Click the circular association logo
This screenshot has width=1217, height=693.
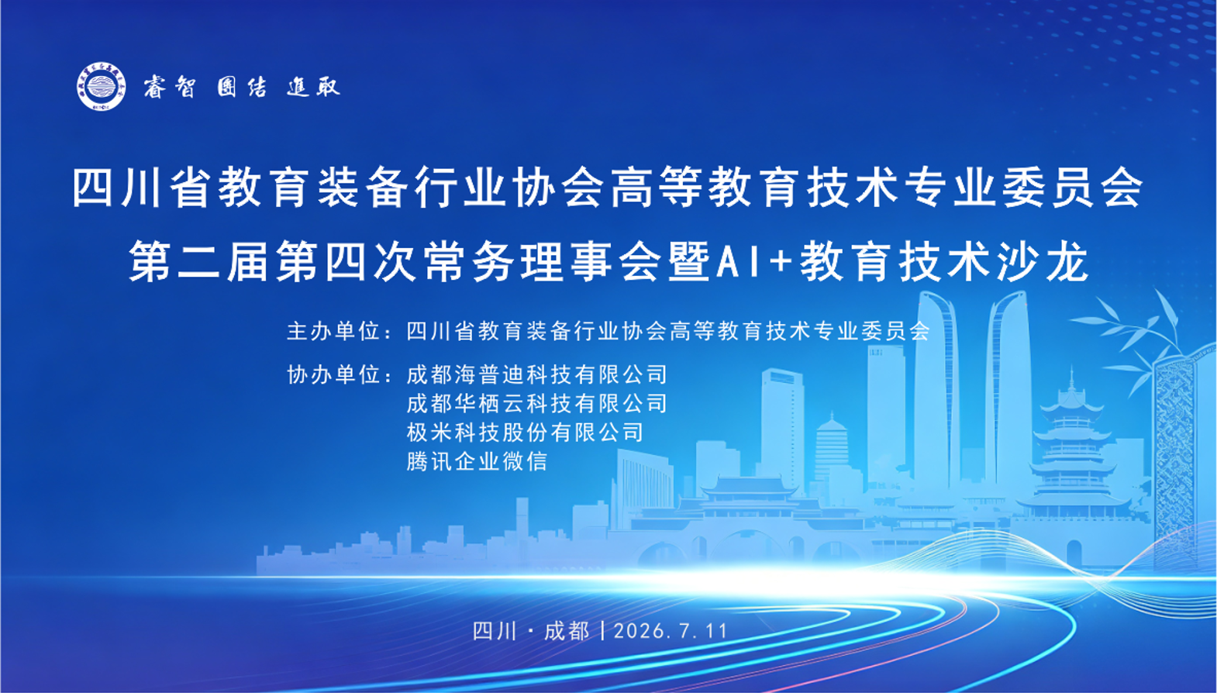click(102, 86)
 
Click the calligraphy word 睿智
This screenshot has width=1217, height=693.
click(170, 87)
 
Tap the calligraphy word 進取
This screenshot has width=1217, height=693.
click(313, 87)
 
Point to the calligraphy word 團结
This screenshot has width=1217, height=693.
click(242, 87)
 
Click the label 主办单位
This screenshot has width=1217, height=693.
click(333, 331)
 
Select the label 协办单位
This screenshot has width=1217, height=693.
click(333, 374)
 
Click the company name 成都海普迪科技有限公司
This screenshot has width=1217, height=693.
click(536, 374)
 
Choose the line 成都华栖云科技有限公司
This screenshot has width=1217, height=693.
click(536, 404)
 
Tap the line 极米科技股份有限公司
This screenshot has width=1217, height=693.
click(525, 433)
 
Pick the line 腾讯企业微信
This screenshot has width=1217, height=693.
click(477, 462)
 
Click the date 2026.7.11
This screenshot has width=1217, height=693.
click(671, 631)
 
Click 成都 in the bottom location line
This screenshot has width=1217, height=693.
click(567, 631)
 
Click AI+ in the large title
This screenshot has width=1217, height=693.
click(754, 262)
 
